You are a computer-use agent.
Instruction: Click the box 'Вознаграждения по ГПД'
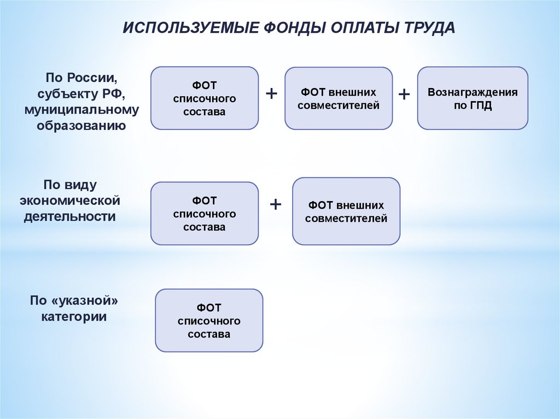[x=472, y=98]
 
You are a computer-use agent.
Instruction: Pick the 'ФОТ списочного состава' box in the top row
[x=204, y=98]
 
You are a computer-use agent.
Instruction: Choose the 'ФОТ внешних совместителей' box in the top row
[x=338, y=98]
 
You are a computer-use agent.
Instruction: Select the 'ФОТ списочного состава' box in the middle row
[x=204, y=214]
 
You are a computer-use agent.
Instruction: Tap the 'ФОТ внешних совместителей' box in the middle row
[x=346, y=211]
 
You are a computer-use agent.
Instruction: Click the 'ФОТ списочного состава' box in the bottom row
[x=209, y=321]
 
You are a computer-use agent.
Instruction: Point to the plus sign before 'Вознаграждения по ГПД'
[x=404, y=94]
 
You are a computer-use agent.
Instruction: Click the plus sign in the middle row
[x=276, y=205]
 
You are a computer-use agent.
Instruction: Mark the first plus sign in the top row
[x=271, y=93]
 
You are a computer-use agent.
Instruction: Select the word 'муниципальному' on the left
[x=81, y=110]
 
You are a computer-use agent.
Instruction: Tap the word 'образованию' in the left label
[x=81, y=126]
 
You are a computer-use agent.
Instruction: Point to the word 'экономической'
[x=70, y=200]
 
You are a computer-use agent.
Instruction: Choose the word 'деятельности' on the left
[x=69, y=216]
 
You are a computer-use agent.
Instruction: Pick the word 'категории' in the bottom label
[x=74, y=317]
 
